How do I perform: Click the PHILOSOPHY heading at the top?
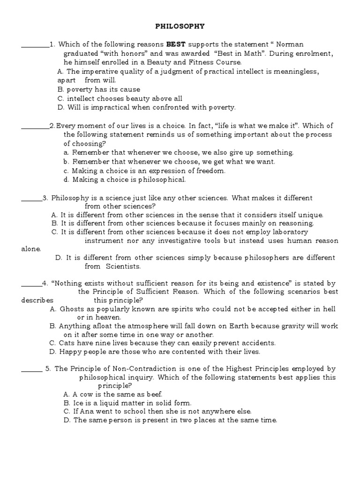coord(180,27)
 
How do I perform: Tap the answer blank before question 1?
coord(35,45)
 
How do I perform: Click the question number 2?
coord(52,126)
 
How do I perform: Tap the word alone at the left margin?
coord(31,249)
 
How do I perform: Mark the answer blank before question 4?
coord(31,284)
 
